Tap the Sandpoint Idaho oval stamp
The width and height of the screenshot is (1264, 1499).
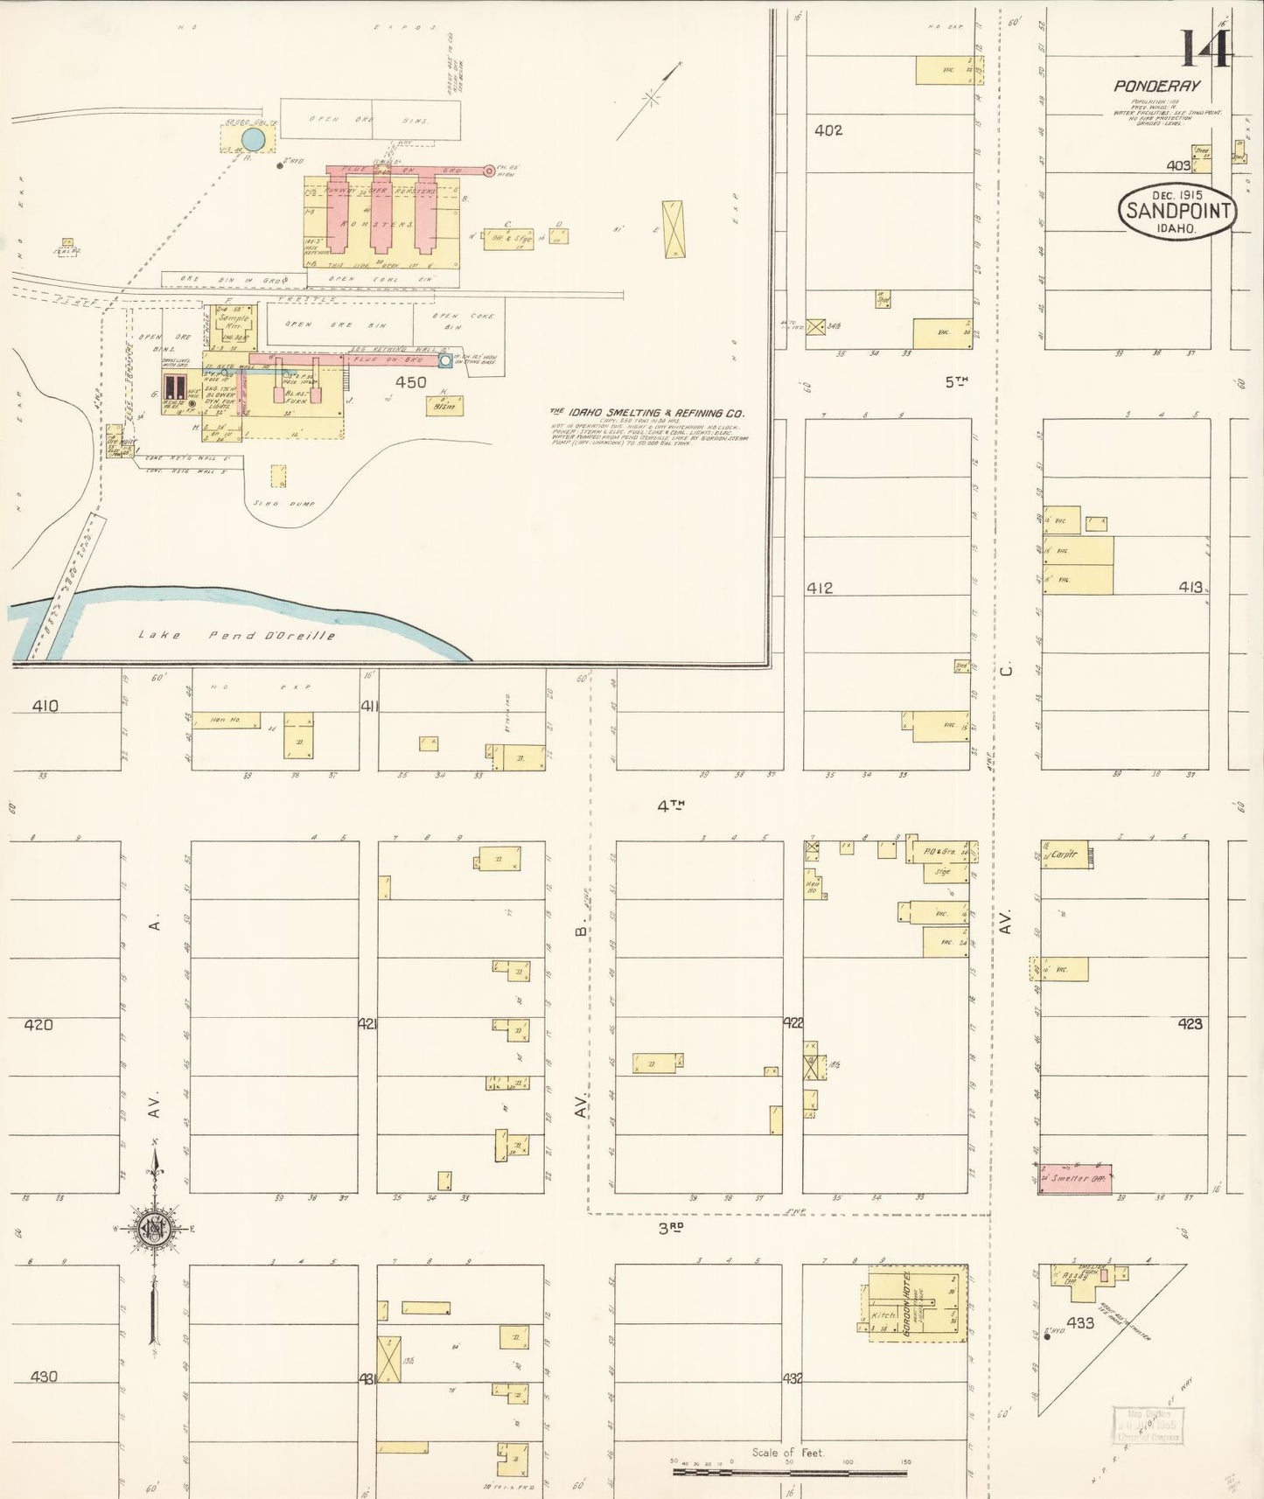pos(1177,211)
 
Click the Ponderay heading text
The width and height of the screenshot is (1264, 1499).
pos(1156,86)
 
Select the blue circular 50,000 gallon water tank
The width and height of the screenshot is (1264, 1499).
pos(252,139)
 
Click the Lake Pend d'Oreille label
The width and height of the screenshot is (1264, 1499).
pos(236,635)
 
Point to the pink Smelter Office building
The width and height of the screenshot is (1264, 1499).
pos(1075,1178)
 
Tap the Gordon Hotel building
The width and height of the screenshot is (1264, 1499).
pos(918,1303)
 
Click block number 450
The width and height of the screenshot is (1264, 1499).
pos(410,382)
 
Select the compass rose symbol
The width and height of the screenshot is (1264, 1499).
pos(154,1229)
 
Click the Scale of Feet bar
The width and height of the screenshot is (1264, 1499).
pos(789,1472)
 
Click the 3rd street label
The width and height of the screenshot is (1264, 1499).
pos(670,1228)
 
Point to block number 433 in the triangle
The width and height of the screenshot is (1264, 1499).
pos(1080,1323)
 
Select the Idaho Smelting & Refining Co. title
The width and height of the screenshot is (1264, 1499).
pos(646,413)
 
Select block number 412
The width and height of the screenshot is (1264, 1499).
pos(819,589)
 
